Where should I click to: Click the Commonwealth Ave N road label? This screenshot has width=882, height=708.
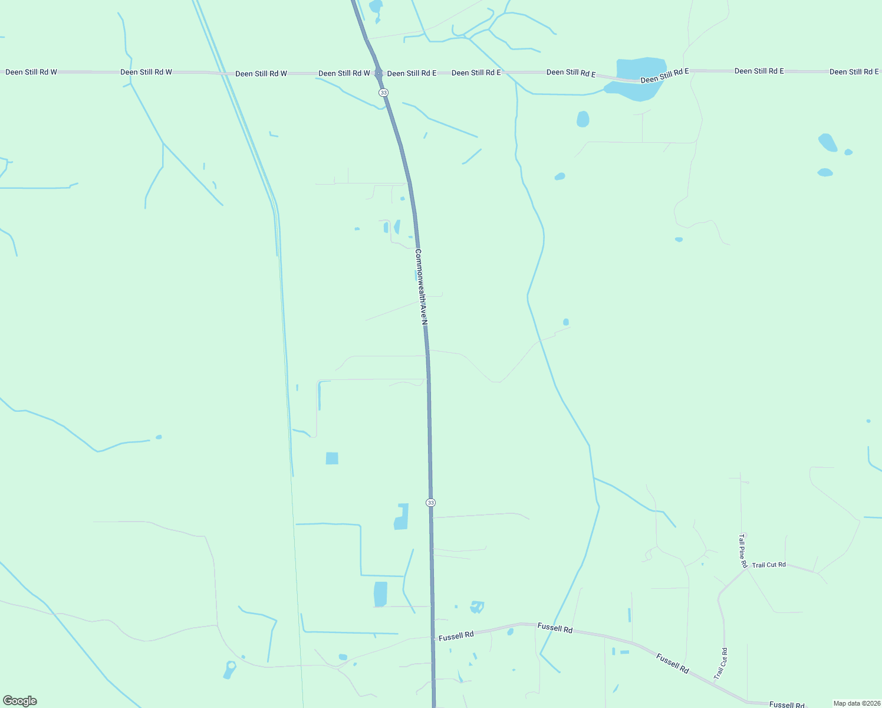pyautogui.click(x=420, y=287)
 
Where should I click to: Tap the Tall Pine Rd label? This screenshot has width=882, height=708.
pyautogui.click(x=742, y=550)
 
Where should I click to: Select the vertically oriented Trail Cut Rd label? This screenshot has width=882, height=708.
pyautogui.click(x=720, y=663)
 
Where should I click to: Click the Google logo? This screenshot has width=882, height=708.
pyautogui.click(x=20, y=701)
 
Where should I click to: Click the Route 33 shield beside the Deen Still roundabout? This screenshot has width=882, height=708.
pyautogui.click(x=384, y=93)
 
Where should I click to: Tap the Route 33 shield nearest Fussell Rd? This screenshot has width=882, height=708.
pyautogui.click(x=431, y=502)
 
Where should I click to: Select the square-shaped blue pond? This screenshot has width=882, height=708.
pyautogui.click(x=332, y=458)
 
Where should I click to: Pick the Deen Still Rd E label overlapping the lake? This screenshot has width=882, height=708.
pyautogui.click(x=664, y=76)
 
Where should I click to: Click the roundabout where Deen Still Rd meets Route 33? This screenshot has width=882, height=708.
pyautogui.click(x=379, y=73)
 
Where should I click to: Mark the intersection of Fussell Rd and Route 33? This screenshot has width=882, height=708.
pyautogui.click(x=433, y=638)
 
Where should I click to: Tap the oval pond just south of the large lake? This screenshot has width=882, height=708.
pyautogui.click(x=582, y=119)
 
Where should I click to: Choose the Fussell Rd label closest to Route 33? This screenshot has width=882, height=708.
pyautogui.click(x=456, y=635)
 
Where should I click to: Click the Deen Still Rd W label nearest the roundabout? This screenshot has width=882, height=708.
pyautogui.click(x=344, y=73)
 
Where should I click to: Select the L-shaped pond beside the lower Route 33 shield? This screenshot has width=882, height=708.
pyautogui.click(x=401, y=517)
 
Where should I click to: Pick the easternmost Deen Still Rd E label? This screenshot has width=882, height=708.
pyautogui.click(x=854, y=72)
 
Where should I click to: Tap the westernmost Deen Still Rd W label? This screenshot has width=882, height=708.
pyautogui.click(x=31, y=72)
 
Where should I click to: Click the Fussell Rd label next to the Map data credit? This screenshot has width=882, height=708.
pyautogui.click(x=787, y=704)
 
